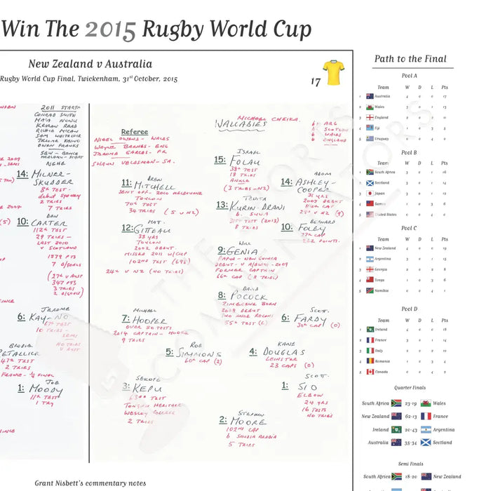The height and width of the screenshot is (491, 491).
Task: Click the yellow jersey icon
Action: click(333, 72)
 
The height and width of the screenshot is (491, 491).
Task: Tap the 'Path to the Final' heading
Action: click(410, 59)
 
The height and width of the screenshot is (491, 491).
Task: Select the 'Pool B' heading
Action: click(409, 152)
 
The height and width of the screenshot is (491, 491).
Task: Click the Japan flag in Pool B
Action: click(370, 193)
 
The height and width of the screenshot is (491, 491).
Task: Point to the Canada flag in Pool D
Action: click(370, 372)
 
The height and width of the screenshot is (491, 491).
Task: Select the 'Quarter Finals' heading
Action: click(409, 387)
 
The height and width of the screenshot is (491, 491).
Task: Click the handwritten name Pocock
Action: click(246, 297)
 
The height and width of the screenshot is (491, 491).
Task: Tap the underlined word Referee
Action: click(134, 132)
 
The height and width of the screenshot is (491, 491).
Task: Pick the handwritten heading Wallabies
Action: click(240, 125)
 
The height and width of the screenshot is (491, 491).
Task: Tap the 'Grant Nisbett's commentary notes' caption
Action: click(90, 483)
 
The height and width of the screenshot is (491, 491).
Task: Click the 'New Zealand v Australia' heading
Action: click(90, 64)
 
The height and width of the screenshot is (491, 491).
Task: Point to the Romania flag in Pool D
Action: click(370, 361)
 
